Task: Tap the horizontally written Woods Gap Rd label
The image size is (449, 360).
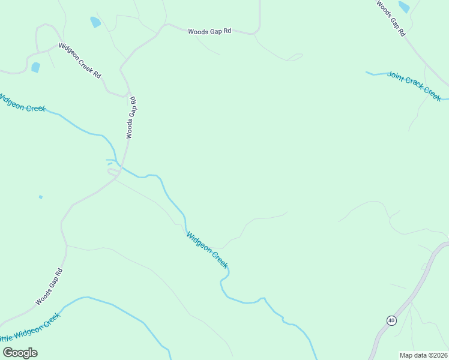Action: [209, 31]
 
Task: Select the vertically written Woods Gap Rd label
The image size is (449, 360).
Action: [131, 118]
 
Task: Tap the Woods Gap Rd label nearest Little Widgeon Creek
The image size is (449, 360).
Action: [49, 287]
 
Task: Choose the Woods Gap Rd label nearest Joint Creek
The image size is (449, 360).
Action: [391, 19]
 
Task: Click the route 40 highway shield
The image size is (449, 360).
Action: [391, 320]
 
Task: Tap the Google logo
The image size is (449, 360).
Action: [20, 353]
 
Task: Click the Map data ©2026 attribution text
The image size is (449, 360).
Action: [423, 355]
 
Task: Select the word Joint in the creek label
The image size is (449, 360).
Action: [397, 76]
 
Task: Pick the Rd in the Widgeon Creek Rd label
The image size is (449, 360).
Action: [97, 74]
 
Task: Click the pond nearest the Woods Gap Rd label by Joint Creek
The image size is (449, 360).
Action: [403, 7]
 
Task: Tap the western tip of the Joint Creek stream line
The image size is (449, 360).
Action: [367, 73]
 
